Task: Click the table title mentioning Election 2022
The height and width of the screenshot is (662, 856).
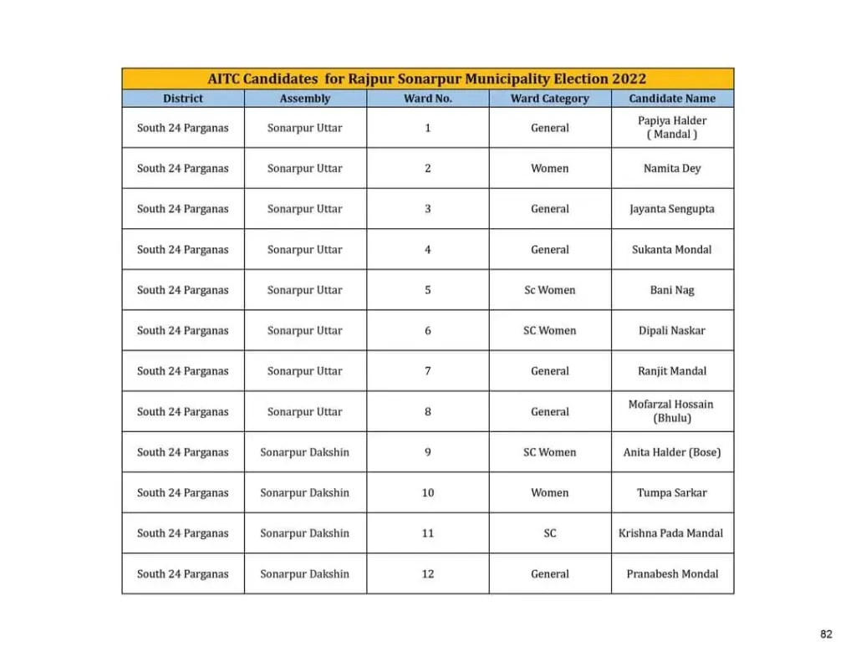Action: click(427, 79)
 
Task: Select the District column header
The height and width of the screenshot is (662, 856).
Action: click(183, 99)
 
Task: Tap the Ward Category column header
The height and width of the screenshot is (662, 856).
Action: click(550, 99)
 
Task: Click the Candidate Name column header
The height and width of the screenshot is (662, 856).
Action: click(672, 99)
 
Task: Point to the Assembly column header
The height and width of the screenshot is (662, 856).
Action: click(305, 99)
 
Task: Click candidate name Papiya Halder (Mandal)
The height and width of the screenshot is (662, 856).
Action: click(672, 128)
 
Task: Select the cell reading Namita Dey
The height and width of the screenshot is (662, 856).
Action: click(672, 169)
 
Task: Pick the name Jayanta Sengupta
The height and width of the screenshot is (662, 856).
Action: click(672, 209)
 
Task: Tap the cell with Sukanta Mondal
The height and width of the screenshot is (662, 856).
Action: click(672, 250)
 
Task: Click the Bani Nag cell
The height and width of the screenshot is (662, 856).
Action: click(672, 290)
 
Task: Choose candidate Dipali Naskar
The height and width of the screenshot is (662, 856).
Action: click(672, 331)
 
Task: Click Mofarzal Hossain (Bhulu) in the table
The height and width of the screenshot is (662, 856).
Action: click(672, 411)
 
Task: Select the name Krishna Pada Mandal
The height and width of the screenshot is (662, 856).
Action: click(671, 533)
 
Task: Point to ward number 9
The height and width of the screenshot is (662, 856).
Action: click(428, 452)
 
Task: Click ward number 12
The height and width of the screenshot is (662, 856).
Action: click(428, 574)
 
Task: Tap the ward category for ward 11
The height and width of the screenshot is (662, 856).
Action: click(550, 533)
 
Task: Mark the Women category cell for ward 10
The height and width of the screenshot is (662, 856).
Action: click(550, 493)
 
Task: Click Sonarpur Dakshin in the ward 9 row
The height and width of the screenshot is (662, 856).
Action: click(305, 452)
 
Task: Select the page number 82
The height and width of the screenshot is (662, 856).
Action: click(826, 634)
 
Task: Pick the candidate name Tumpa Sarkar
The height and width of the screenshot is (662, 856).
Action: click(672, 493)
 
